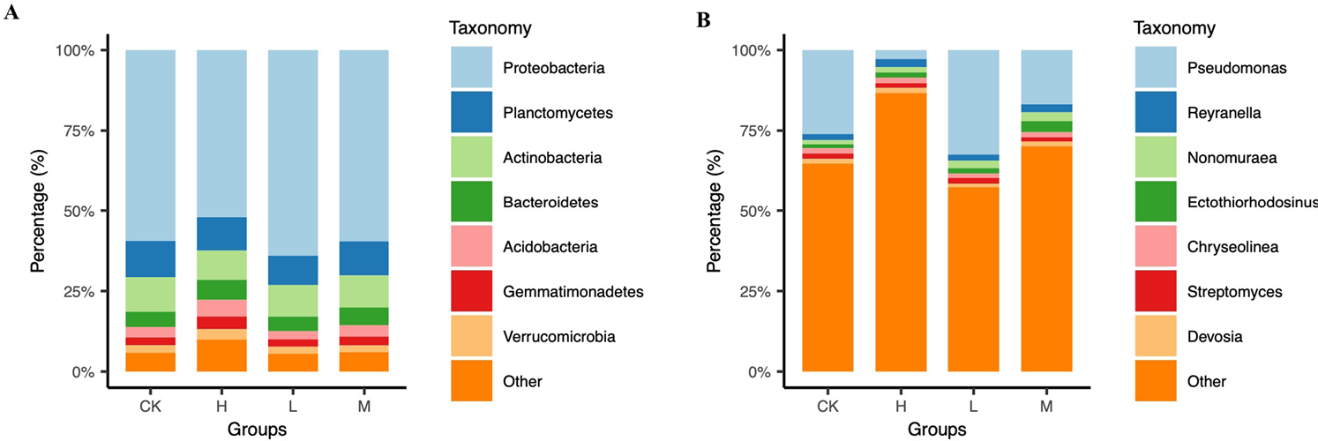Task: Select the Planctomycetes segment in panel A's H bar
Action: click(221, 234)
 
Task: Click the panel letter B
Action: click(703, 19)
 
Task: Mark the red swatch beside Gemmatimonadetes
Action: click(471, 292)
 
